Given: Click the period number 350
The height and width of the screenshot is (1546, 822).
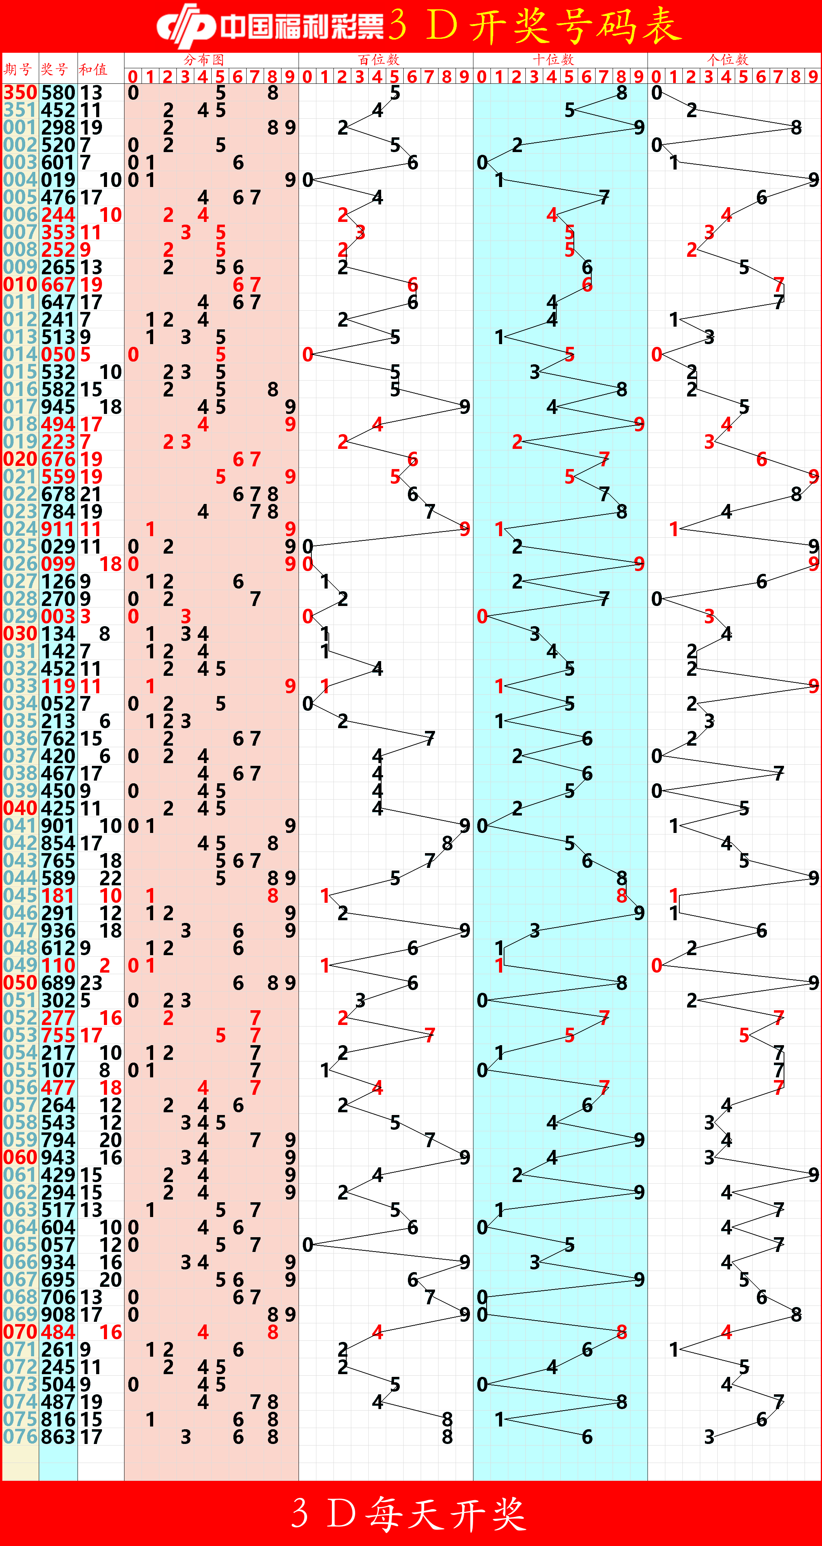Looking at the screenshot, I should pos(20,92).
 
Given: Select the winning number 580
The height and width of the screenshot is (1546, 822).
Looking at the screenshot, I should pos(58,92).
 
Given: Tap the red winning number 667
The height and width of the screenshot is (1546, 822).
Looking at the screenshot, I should pos(58,284).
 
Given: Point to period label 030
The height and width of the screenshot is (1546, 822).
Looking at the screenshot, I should pos(20,634).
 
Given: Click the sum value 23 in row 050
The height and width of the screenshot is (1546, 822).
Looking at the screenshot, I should pos(91,983).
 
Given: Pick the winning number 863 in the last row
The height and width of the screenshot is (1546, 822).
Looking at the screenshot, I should pos(58,1437).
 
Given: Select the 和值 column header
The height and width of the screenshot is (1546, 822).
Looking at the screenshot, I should pos(93,69).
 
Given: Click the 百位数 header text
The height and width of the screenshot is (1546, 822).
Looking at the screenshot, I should pos(378,59).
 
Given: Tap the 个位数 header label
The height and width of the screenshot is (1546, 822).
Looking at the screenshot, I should pos(727,59).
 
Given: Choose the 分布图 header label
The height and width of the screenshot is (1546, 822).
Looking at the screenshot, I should pos(204,59).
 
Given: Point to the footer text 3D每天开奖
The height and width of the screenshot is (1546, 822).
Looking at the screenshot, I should pos(410,1513).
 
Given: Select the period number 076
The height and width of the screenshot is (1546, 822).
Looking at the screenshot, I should pos(20,1437).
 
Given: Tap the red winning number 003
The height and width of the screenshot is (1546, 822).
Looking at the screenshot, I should pos(58,616).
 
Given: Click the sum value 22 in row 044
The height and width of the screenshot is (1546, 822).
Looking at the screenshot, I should pos(111,878).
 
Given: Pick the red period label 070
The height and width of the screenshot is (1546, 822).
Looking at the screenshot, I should pos(20,1332).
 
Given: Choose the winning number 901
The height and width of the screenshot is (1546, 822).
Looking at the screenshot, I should pos(58,826).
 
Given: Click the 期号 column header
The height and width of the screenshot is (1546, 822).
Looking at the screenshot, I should pos(18,69).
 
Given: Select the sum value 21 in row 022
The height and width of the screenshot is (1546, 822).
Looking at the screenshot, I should pos(91,494).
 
